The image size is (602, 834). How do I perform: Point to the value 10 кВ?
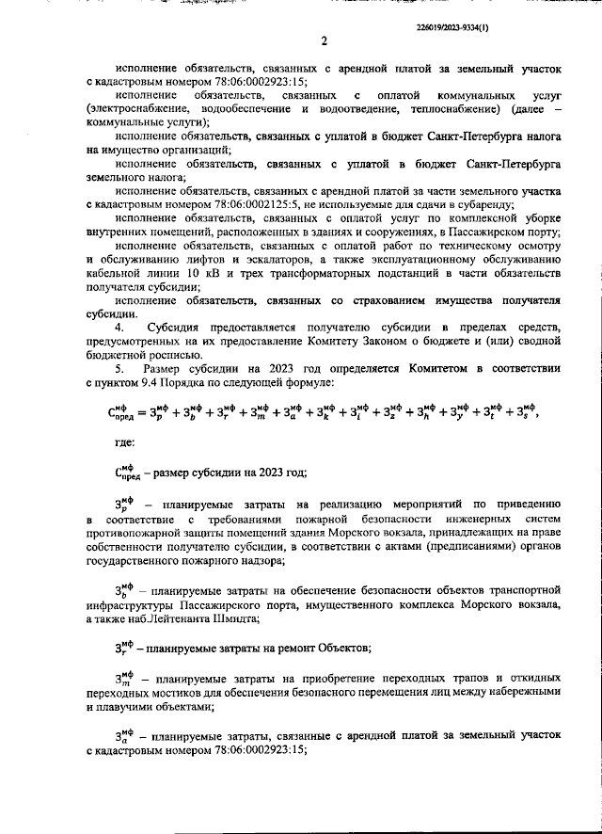201,272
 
